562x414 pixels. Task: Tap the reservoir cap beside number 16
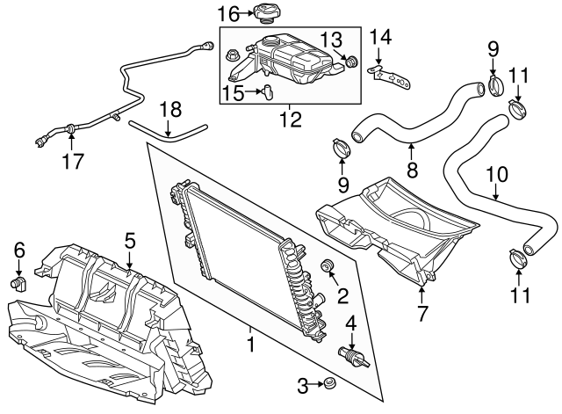[x=263, y=13]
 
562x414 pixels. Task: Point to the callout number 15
[x=231, y=91]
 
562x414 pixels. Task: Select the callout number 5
[x=129, y=238]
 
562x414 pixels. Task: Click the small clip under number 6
[x=18, y=283]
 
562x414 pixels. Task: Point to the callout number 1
[x=253, y=347]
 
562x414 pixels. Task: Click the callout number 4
[x=352, y=323]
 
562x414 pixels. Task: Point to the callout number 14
[x=379, y=36]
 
